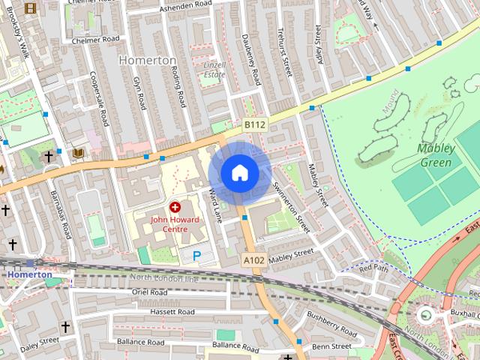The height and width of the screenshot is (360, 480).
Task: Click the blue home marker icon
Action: coord(239,173)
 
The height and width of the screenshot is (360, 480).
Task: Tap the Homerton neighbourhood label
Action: coord(147,59)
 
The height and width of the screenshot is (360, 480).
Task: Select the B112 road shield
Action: coord(254,125)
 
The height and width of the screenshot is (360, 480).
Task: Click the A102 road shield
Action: coord(253,259)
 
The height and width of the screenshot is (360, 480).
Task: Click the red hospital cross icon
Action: coord(175,205)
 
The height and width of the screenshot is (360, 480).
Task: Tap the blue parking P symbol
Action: coord(196,256)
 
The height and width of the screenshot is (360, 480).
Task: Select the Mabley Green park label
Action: coord(434,155)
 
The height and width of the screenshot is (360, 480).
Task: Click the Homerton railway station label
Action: coord(30,274)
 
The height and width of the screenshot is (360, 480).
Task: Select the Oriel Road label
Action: coord(149,292)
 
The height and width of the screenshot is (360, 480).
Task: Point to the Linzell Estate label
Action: coord(214,70)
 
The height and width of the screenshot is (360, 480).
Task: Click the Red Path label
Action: coord(373,268)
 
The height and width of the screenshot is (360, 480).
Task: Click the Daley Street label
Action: coord(40,342)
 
